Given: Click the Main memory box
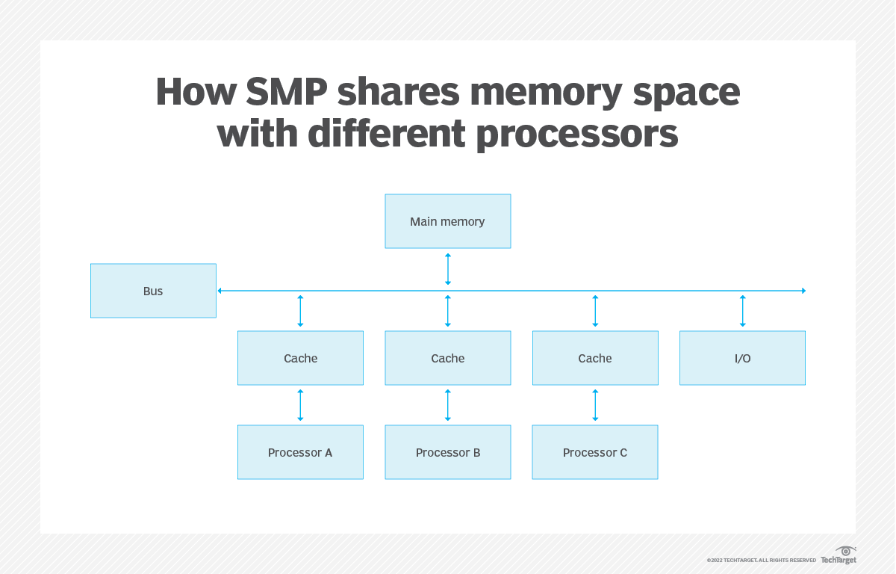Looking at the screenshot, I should coord(447,221).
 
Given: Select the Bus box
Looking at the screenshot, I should coord(153,291).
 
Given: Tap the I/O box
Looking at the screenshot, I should coord(742,358).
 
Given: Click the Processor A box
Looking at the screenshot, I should coord(300,452).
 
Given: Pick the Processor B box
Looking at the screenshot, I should coord(447,452).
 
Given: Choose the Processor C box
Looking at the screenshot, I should coord(595,452).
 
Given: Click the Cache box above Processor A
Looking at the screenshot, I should coord(300,358).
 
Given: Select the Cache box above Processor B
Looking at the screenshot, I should coord(447,358).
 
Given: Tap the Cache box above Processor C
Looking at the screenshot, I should coord(595,358).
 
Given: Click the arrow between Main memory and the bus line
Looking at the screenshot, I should coord(448,269).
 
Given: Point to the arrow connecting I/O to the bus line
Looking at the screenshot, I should coord(742,311).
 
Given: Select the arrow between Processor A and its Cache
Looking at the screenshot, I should coord(300,405).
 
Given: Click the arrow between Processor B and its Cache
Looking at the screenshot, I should coord(448,405).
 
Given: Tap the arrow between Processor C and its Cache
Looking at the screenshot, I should coord(595,405).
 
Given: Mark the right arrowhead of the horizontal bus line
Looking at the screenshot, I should coord(803,291).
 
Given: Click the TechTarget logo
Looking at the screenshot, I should coord(839,556).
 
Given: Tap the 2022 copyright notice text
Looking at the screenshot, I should coord(761,561).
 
